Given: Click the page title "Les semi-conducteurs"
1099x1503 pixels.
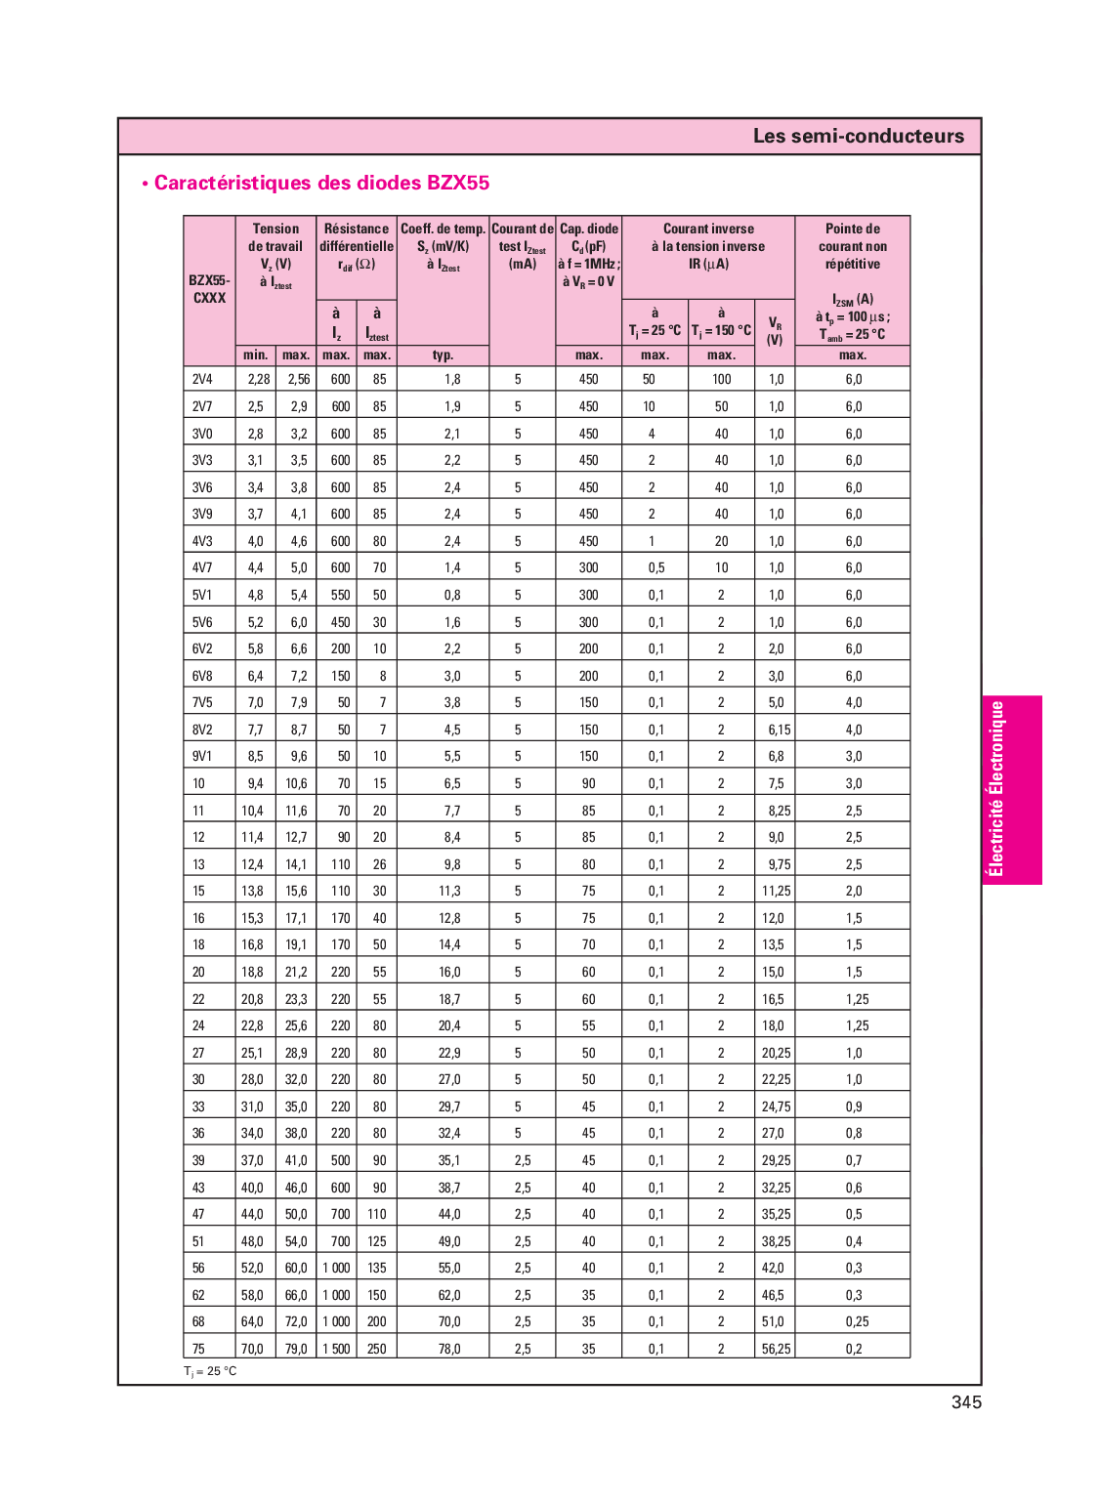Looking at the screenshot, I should [858, 136].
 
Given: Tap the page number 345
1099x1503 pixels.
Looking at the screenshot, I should [966, 1402].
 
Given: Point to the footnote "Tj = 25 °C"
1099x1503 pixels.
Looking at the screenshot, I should [210, 1371].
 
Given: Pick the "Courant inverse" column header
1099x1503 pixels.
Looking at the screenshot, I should [708, 246].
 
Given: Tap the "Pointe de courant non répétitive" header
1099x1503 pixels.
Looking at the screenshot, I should [853, 246].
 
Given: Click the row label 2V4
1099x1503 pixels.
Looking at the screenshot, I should [202, 380].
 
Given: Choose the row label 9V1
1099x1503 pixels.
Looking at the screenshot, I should [202, 757].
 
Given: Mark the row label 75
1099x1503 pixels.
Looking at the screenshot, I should [199, 1350].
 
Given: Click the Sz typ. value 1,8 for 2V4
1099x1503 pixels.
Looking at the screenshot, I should [452, 380].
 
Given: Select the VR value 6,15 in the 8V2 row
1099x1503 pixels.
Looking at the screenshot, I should [779, 730].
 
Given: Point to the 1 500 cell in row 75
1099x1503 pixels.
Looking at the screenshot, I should [336, 1350].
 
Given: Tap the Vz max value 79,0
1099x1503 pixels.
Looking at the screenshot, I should [296, 1350].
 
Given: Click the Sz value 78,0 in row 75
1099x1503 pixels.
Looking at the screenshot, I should [449, 1350].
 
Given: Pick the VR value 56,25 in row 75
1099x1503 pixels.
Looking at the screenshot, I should [777, 1350].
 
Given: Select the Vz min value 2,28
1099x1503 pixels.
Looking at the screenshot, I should [258, 380].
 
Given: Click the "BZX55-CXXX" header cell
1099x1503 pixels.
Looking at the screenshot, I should [209, 289].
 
